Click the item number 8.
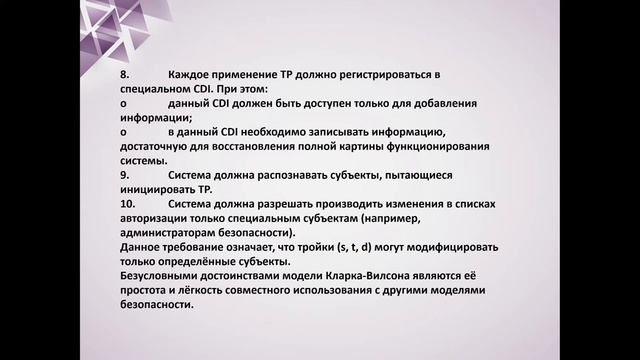pos(124,75)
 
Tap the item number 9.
pos(124,174)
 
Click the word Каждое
pos(192,75)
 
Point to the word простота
pos(144,288)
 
